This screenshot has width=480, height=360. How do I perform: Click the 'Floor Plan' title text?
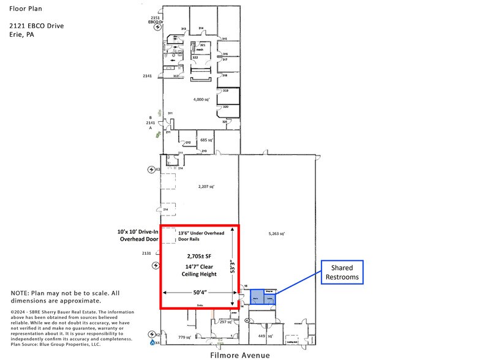coord(25,9)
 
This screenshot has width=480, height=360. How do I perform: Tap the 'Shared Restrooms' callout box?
coord(342,272)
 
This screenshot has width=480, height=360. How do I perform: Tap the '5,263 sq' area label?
coord(277,233)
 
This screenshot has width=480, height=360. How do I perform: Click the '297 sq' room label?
coord(226,321)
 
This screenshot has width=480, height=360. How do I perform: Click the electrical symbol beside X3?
coord(151,169)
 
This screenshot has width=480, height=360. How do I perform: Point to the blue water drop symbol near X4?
coord(151,343)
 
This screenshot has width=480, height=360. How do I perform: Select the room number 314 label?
coord(201,28)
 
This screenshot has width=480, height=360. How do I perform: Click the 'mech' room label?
coord(200,50)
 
